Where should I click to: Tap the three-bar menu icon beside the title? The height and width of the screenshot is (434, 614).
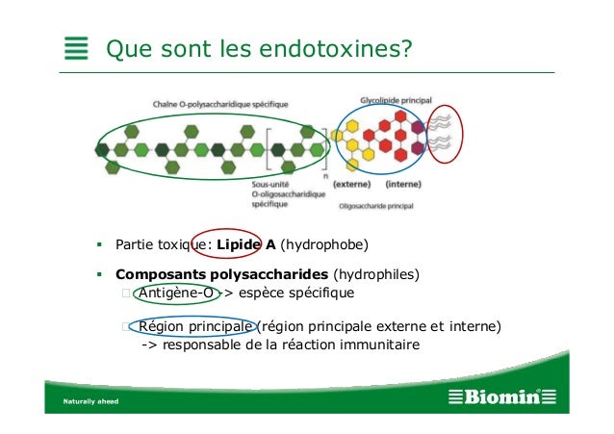[x=76, y=48]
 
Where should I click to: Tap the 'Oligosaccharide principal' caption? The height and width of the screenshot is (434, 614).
[x=376, y=205]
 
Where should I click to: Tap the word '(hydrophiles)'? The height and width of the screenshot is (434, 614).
[x=376, y=274]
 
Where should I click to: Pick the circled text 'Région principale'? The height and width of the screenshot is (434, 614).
[x=196, y=326]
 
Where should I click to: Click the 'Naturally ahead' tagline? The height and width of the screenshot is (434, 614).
[x=90, y=399]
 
